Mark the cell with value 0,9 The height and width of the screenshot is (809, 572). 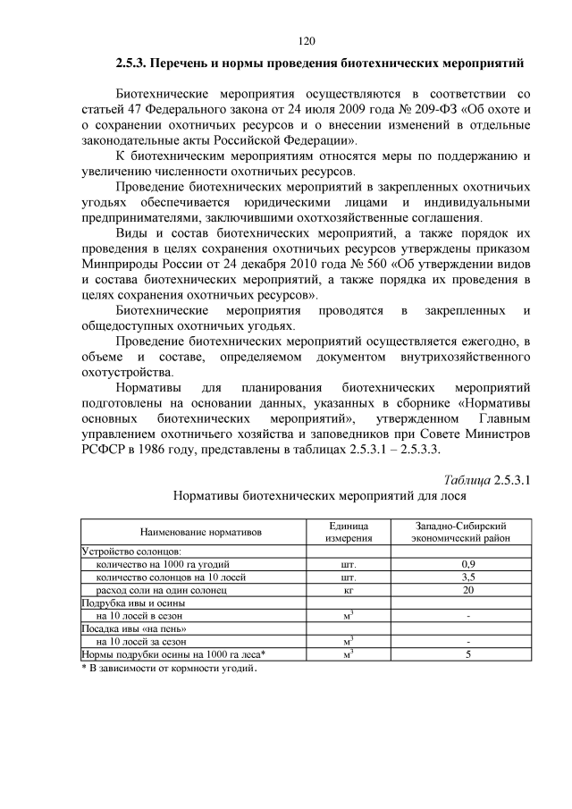coord(467,565)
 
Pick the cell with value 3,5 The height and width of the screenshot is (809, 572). coord(467,577)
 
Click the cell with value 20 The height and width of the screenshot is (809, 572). coord(467,590)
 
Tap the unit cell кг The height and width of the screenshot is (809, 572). coord(349,590)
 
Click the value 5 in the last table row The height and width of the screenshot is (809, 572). coord(467,654)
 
